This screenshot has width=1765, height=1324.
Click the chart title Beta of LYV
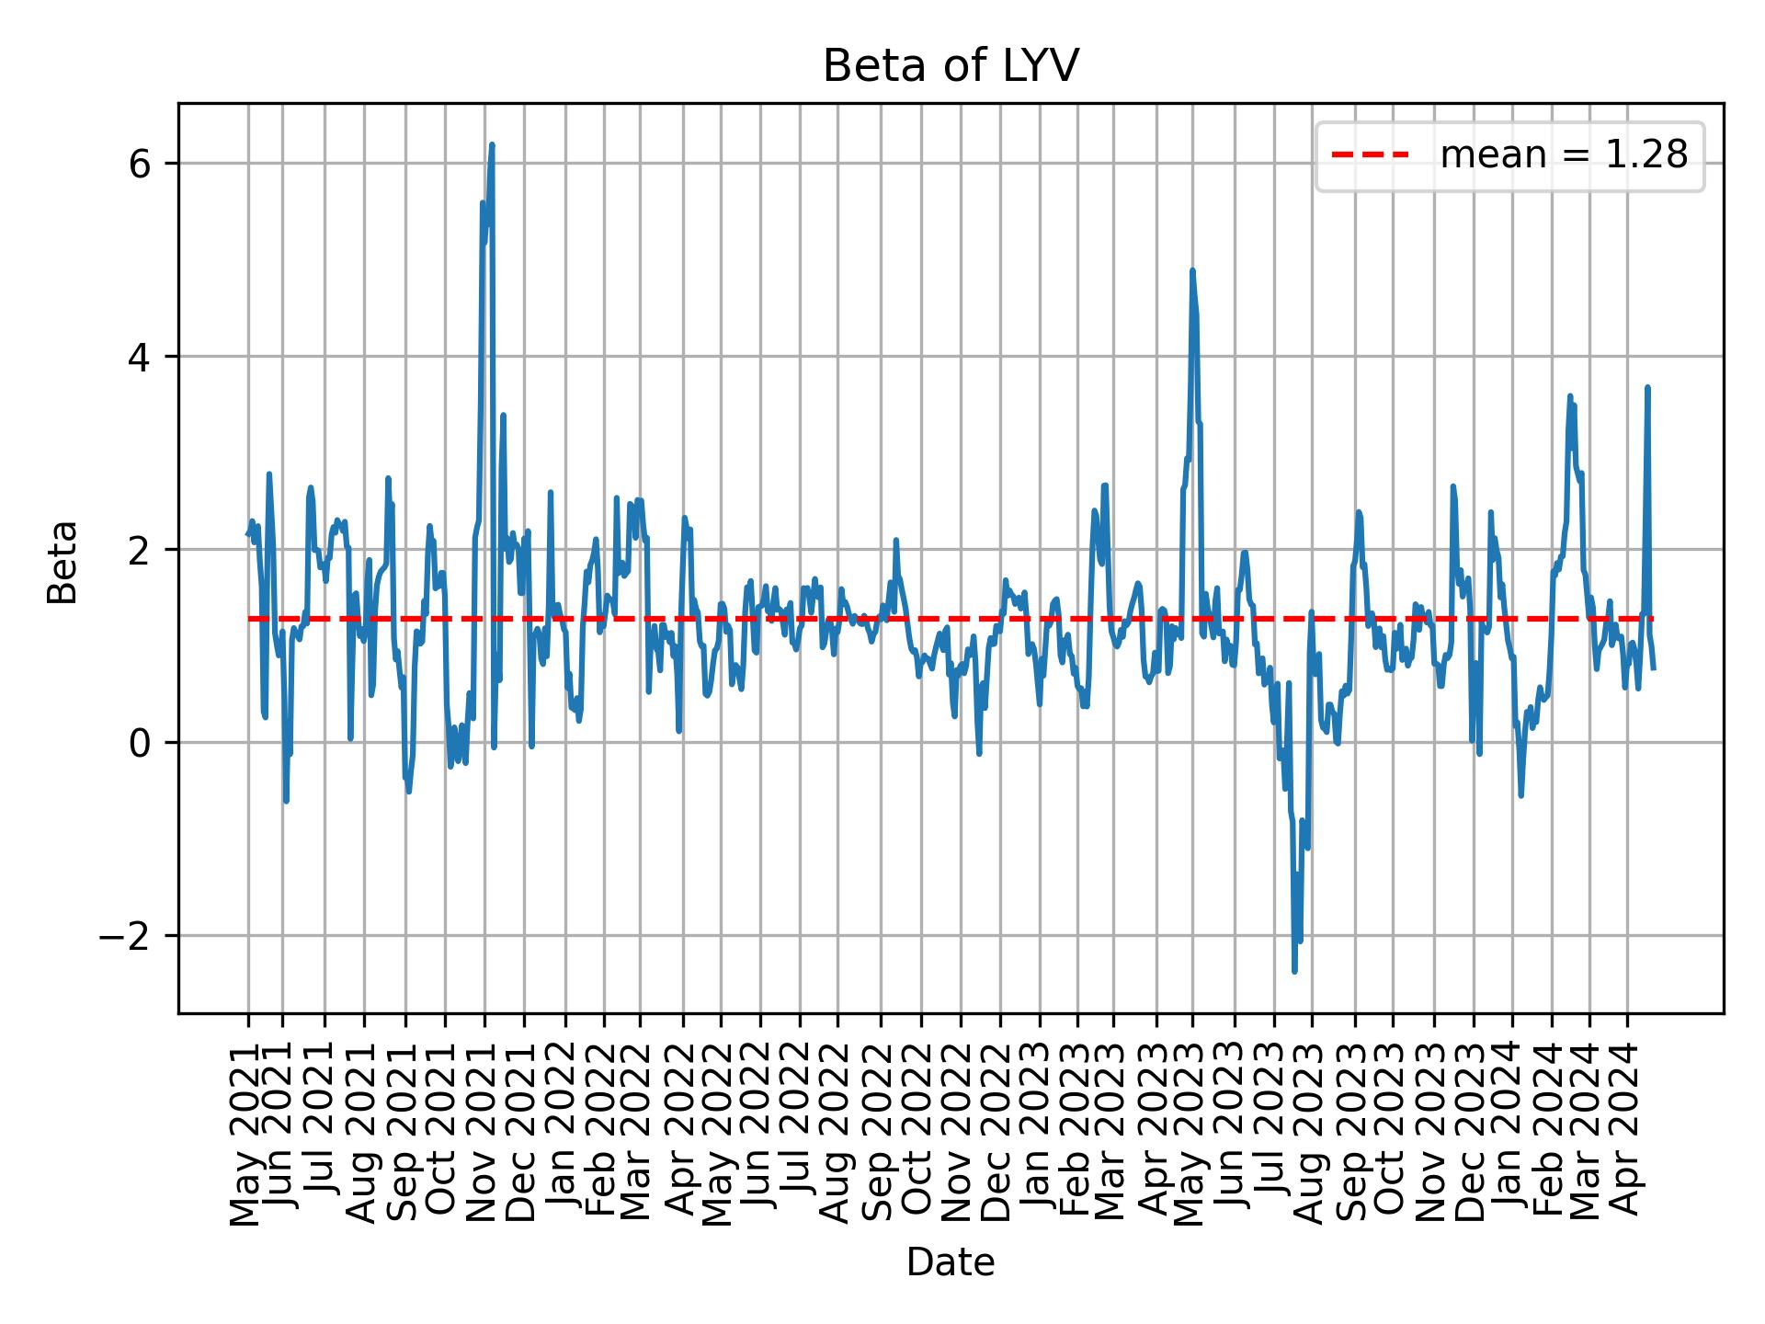pyautogui.click(x=950, y=66)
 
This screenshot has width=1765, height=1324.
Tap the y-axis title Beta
pyautogui.click(x=63, y=562)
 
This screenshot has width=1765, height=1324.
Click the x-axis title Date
pyautogui.click(x=950, y=1262)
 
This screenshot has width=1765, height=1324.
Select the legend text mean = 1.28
pyautogui.click(x=1564, y=156)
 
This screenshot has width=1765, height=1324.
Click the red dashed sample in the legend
pyautogui.click(x=1370, y=156)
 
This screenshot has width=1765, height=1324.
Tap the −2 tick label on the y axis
pyautogui.click(x=128, y=936)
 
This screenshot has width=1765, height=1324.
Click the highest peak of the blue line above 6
pyautogui.click(x=492, y=144)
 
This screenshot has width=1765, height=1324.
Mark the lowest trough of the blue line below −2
pyautogui.click(x=1294, y=971)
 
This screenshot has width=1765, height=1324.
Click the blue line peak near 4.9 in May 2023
pyautogui.click(x=1192, y=270)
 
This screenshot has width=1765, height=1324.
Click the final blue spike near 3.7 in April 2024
pyautogui.click(x=1647, y=387)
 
